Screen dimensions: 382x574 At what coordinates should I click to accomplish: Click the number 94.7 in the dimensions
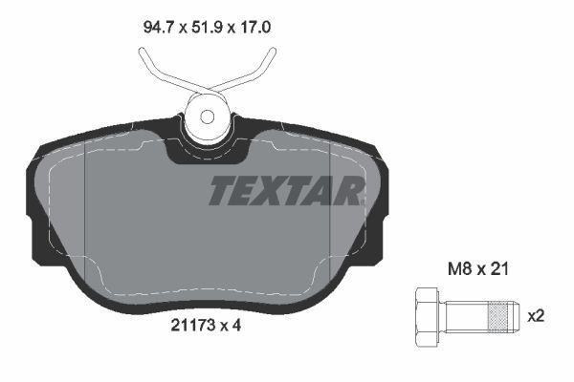point(159,29)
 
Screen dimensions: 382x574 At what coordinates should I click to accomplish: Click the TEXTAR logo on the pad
point(286,190)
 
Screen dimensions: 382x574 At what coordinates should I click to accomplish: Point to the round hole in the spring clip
point(207,117)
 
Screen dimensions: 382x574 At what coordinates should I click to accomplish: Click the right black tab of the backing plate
point(384,229)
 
